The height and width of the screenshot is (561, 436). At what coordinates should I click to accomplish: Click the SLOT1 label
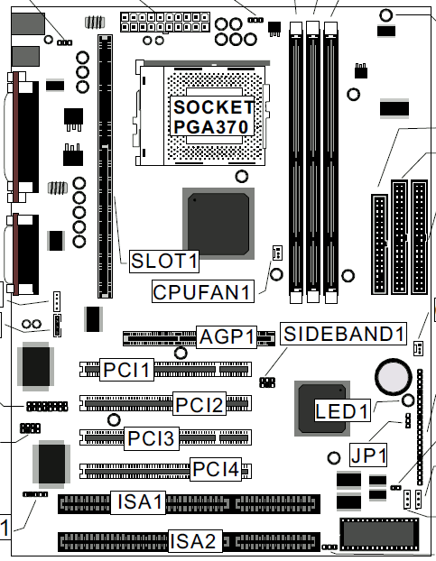164,261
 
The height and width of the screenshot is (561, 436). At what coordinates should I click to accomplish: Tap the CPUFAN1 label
203,291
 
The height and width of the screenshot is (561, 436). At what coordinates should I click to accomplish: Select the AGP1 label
227,336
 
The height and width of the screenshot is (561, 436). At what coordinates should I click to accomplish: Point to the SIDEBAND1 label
343,334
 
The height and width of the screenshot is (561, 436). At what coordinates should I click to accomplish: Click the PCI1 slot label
126,370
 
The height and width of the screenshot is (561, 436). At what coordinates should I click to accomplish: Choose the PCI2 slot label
199,404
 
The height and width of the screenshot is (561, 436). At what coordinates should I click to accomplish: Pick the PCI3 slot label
152,438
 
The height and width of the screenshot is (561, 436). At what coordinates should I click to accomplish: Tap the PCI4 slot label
216,469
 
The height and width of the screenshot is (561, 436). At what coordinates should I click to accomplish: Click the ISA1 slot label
138,502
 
